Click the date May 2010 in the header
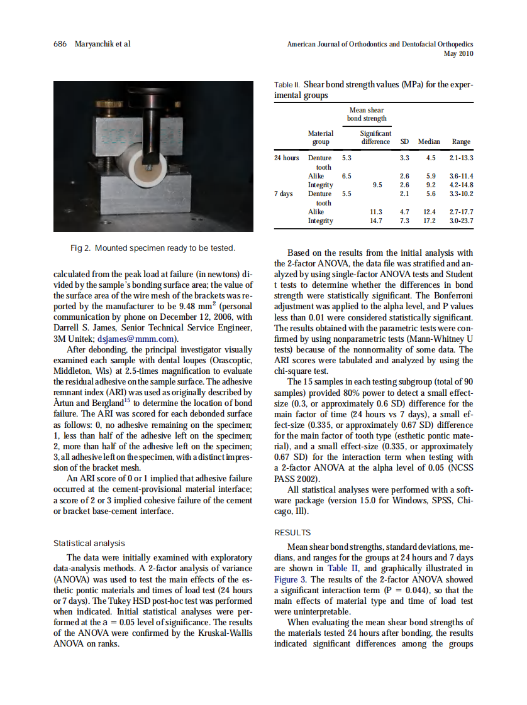click(x=458, y=54)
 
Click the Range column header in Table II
click(x=461, y=142)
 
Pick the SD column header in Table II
click(x=405, y=142)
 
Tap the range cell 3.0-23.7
click(x=461, y=221)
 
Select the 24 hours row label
click(x=286, y=158)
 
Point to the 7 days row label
click(x=284, y=194)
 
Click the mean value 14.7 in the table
click(x=375, y=221)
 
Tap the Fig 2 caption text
click(x=152, y=248)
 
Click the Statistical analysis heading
click(x=89, y=543)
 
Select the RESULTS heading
click(x=292, y=532)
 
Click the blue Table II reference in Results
click(x=341, y=569)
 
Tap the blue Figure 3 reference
click(x=292, y=579)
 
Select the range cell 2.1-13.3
click(x=461, y=158)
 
